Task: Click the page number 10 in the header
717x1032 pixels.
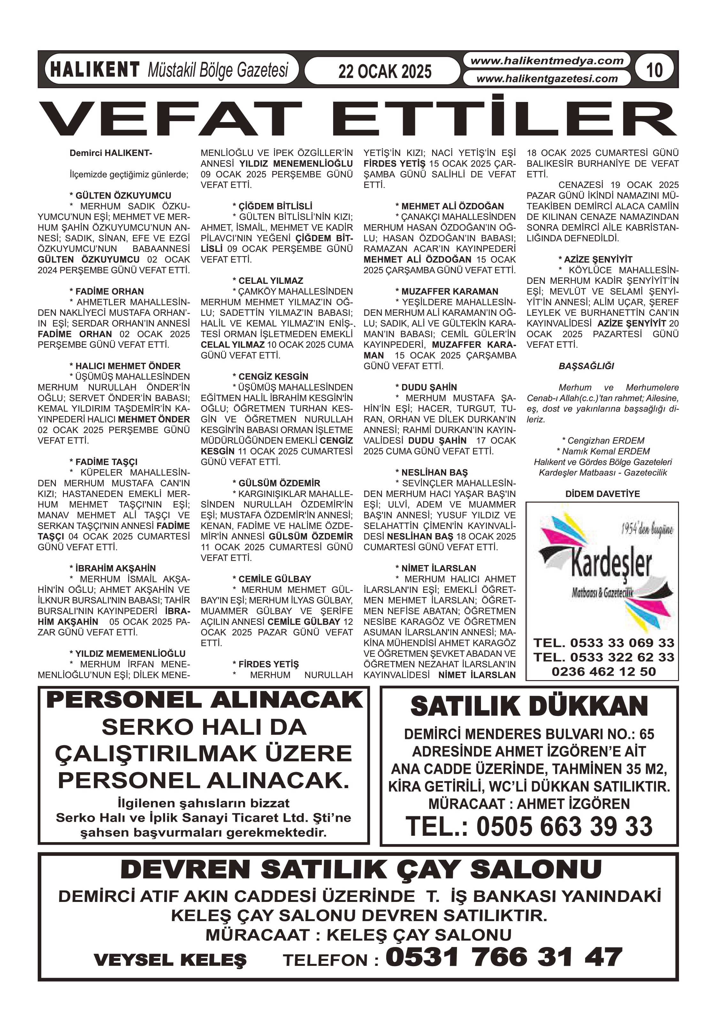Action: (654, 70)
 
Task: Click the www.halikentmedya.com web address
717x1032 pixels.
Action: (547, 61)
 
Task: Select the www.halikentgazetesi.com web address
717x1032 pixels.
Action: (547, 79)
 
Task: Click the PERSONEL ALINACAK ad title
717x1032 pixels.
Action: (204, 700)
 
